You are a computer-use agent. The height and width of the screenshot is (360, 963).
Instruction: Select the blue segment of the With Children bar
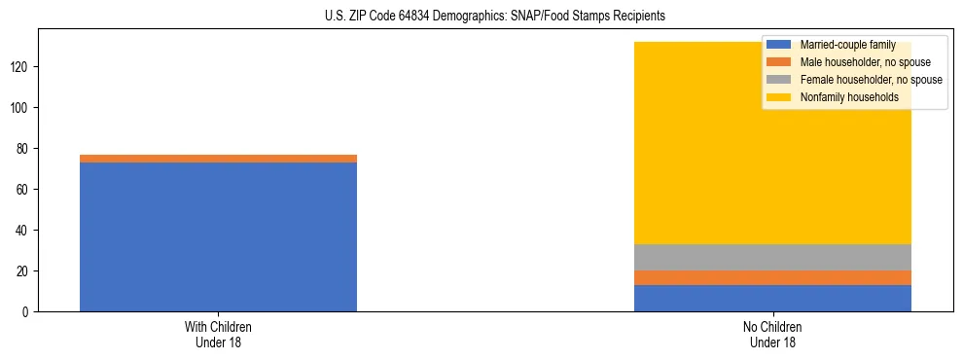(218, 236)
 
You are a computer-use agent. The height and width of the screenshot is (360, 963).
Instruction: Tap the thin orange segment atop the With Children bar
(218, 158)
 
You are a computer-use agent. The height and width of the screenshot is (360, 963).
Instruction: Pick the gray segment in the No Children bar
(772, 257)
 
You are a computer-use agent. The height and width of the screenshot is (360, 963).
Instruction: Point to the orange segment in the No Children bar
(772, 277)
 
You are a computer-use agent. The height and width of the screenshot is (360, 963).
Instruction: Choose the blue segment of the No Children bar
(772, 298)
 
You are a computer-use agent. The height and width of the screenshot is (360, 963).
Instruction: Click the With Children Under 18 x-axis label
(218, 334)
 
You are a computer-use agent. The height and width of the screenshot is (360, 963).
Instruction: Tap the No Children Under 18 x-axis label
(772, 334)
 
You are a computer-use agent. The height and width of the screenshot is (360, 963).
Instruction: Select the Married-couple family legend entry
(845, 45)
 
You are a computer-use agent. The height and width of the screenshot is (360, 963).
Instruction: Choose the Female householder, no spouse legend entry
(870, 80)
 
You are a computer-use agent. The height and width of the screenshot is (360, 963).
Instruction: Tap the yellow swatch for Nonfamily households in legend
(780, 97)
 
